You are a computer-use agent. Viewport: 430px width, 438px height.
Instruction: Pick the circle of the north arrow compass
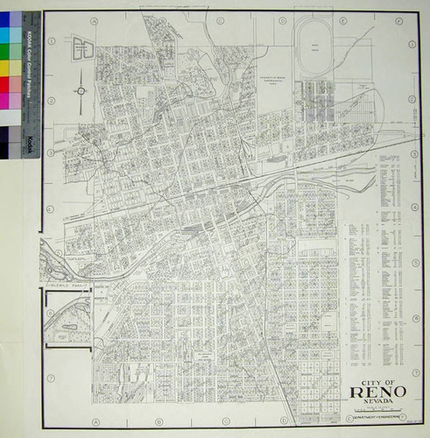[x=81, y=89]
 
